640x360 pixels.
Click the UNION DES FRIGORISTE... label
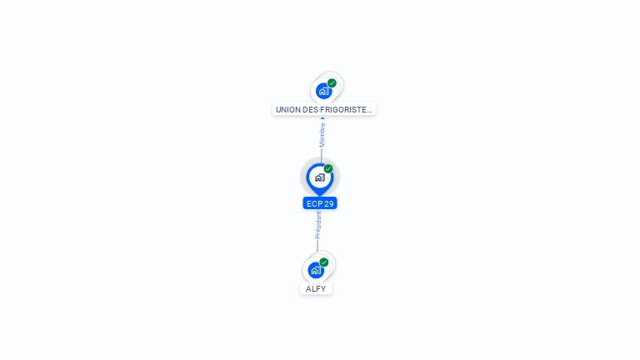(x=323, y=109)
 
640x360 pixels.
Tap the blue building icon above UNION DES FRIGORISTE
(x=323, y=91)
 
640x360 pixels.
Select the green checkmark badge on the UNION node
(x=332, y=83)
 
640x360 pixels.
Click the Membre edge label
(x=322, y=135)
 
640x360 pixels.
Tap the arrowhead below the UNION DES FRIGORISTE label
(x=322, y=118)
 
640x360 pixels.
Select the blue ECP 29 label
(x=320, y=203)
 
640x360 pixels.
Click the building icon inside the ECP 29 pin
(x=320, y=177)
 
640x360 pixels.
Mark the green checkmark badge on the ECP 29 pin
(x=328, y=168)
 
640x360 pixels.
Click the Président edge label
(x=318, y=225)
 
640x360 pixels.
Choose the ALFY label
(x=316, y=288)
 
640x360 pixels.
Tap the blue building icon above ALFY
(x=316, y=270)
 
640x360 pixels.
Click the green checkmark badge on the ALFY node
(x=324, y=262)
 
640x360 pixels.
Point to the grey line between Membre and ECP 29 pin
(x=321, y=156)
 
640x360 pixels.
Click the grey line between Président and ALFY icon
(x=317, y=246)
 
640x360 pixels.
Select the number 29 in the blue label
(x=329, y=203)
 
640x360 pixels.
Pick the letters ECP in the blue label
(x=314, y=203)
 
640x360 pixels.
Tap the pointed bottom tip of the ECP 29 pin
(x=320, y=196)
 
